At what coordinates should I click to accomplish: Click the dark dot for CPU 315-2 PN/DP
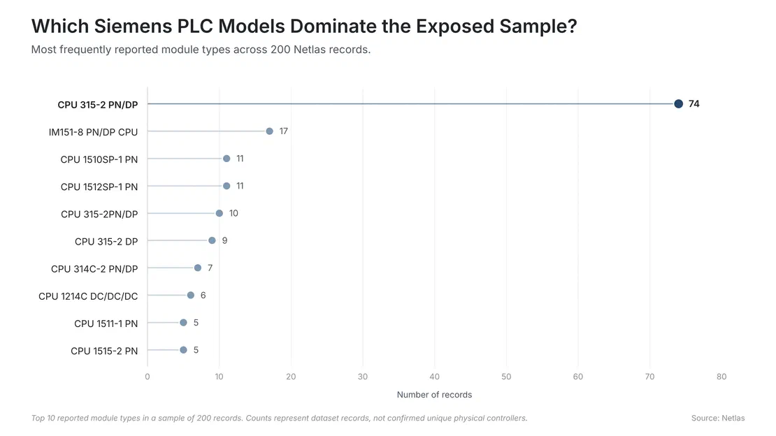click(x=679, y=104)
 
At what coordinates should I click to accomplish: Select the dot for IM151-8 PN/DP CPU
click(x=269, y=131)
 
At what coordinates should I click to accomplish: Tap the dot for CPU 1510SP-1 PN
click(x=227, y=159)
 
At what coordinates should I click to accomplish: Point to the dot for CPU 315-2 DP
click(x=212, y=240)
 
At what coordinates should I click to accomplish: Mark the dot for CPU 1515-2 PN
click(x=183, y=350)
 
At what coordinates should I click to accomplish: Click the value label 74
click(x=694, y=104)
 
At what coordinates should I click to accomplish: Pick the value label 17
click(x=284, y=131)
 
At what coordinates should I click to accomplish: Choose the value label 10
click(x=233, y=213)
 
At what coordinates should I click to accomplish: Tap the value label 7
click(x=210, y=268)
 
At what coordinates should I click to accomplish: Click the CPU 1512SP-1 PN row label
click(x=99, y=187)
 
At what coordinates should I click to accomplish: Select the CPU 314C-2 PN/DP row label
click(x=94, y=269)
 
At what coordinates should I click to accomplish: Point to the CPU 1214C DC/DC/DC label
click(x=88, y=296)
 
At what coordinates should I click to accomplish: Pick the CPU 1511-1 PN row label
click(x=106, y=324)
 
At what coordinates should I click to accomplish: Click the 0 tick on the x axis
click(x=148, y=377)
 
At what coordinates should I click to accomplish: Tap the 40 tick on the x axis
click(x=435, y=377)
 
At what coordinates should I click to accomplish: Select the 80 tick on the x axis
click(x=721, y=377)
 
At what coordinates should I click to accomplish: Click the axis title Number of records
click(x=435, y=395)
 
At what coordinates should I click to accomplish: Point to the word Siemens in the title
click(x=133, y=27)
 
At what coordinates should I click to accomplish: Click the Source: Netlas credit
click(x=718, y=419)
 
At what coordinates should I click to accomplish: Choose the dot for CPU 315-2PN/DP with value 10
click(x=220, y=213)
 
